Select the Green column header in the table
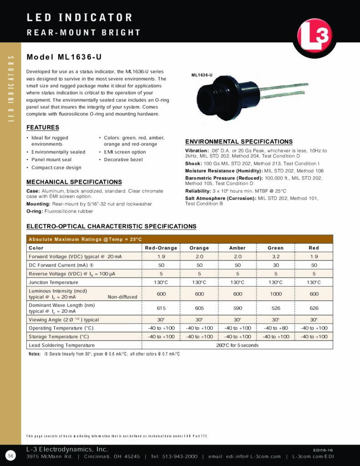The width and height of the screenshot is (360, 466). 275,248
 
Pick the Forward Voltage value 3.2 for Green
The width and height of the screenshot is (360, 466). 275,257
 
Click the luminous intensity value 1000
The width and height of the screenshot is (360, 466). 275,294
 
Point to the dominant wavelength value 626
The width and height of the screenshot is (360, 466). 314,308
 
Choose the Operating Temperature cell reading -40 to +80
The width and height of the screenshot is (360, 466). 275,328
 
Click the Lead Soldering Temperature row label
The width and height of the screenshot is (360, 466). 61,345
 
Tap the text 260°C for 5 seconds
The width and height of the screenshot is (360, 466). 237,345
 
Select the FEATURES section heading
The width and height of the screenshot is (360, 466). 43,127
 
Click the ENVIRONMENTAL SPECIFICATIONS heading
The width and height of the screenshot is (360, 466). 238,142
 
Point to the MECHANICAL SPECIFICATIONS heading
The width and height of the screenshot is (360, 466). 74,182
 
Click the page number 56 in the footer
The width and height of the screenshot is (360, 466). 10,456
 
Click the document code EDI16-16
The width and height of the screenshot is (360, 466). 323,449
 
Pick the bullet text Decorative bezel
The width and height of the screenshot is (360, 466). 123,160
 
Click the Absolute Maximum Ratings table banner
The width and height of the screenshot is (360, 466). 86,239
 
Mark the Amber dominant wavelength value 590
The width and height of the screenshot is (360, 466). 237,308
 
